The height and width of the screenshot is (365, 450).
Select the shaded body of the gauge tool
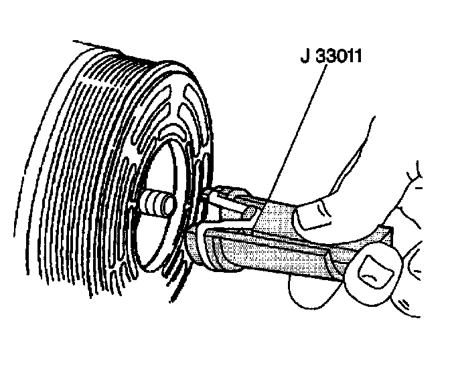[281, 247]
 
